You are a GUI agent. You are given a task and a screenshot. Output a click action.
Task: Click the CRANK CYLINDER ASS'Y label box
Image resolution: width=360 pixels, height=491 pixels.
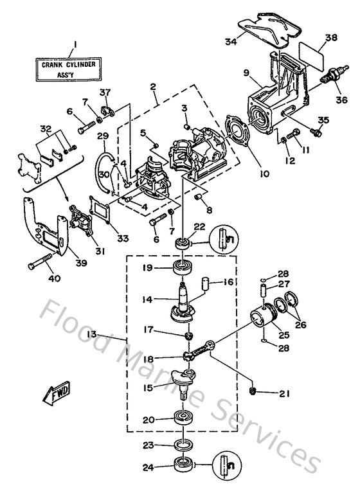[x=73, y=68]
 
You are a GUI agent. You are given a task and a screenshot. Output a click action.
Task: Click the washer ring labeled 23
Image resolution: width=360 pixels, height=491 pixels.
[x=183, y=444]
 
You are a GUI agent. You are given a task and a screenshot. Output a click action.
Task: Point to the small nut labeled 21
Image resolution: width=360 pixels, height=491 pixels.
[x=253, y=391]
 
